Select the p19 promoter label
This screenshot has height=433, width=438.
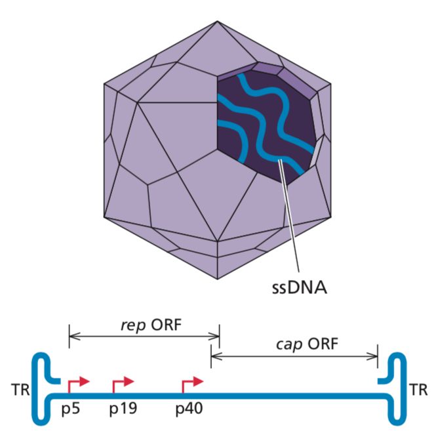(123, 409)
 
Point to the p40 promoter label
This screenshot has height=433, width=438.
(190, 409)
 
